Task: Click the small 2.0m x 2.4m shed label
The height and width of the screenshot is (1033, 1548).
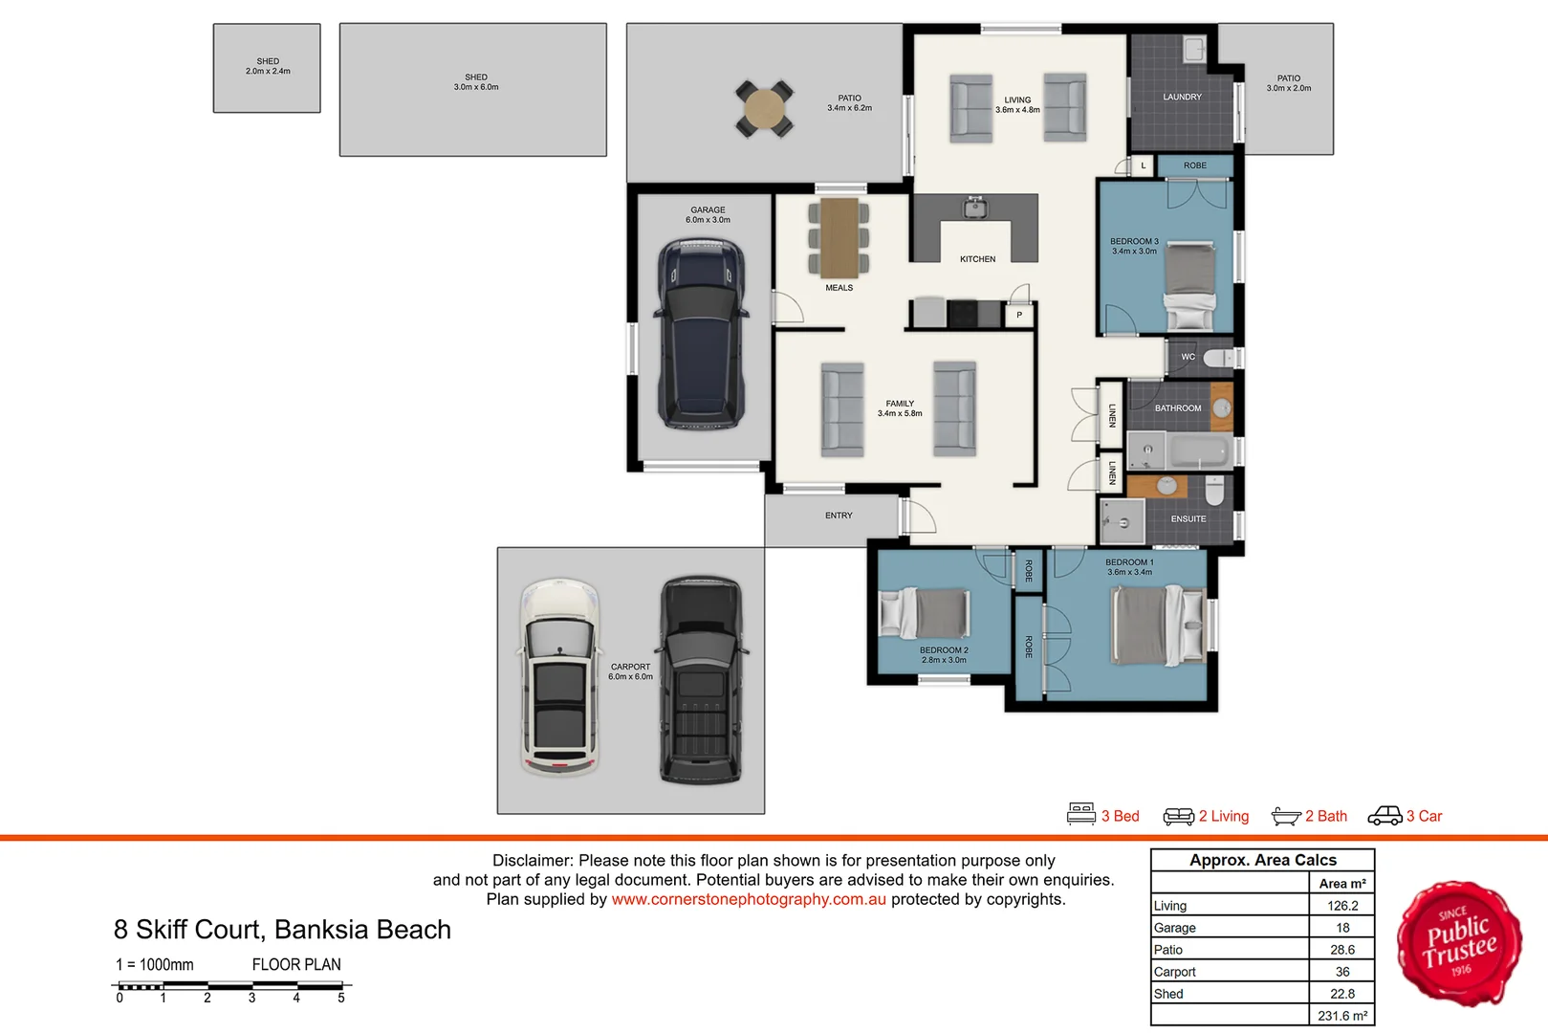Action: click(x=268, y=66)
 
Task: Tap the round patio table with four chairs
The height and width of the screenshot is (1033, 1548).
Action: click(x=764, y=109)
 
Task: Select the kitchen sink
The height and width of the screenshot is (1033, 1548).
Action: click(x=974, y=208)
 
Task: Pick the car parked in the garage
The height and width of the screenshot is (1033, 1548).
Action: click(x=700, y=335)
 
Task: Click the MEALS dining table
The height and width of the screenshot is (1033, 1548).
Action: click(x=839, y=237)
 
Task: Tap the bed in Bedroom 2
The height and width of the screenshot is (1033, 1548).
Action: click(x=925, y=612)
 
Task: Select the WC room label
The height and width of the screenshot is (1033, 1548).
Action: click(x=1188, y=357)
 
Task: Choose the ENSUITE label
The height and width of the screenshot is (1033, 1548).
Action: click(x=1188, y=519)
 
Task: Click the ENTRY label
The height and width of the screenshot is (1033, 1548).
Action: click(x=839, y=516)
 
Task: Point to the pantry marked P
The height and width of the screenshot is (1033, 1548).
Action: click(x=1019, y=315)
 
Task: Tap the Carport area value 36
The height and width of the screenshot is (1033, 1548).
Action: click(x=1341, y=972)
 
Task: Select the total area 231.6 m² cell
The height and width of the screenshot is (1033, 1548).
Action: click(x=1341, y=1016)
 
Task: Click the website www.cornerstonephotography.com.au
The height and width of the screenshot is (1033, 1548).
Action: click(x=749, y=899)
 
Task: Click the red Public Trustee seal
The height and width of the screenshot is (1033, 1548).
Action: click(x=1459, y=944)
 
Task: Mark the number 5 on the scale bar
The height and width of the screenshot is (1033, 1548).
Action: click(x=341, y=998)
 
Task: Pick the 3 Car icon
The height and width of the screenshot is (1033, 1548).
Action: click(x=1384, y=816)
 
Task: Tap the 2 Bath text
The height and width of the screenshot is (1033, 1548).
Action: click(x=1325, y=816)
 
